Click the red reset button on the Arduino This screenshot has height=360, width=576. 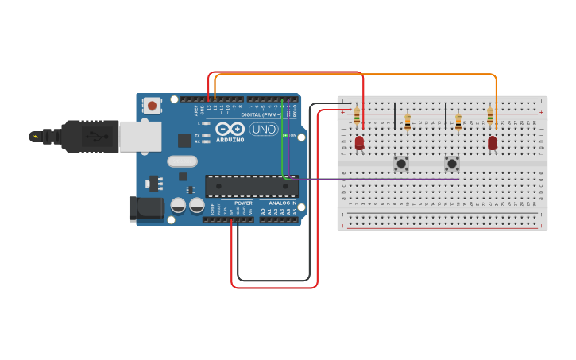click(151, 105)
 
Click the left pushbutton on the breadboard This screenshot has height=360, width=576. click(402, 164)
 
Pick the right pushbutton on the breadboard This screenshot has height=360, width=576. click(452, 164)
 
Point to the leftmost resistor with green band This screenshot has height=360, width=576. click(357, 117)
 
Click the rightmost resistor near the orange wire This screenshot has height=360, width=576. click(490, 117)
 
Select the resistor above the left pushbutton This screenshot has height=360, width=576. click(408, 122)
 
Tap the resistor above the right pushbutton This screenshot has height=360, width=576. click(458, 122)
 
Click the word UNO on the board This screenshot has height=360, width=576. click(264, 129)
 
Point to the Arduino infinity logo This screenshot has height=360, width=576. click(230, 129)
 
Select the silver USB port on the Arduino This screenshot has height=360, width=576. click(140, 136)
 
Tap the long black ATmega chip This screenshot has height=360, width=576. click(251, 186)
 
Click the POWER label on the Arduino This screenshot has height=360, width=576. click(243, 203)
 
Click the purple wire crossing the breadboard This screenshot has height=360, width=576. click(373, 180)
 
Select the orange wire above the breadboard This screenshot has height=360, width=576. click(358, 75)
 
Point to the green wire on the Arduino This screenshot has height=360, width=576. click(282, 143)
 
